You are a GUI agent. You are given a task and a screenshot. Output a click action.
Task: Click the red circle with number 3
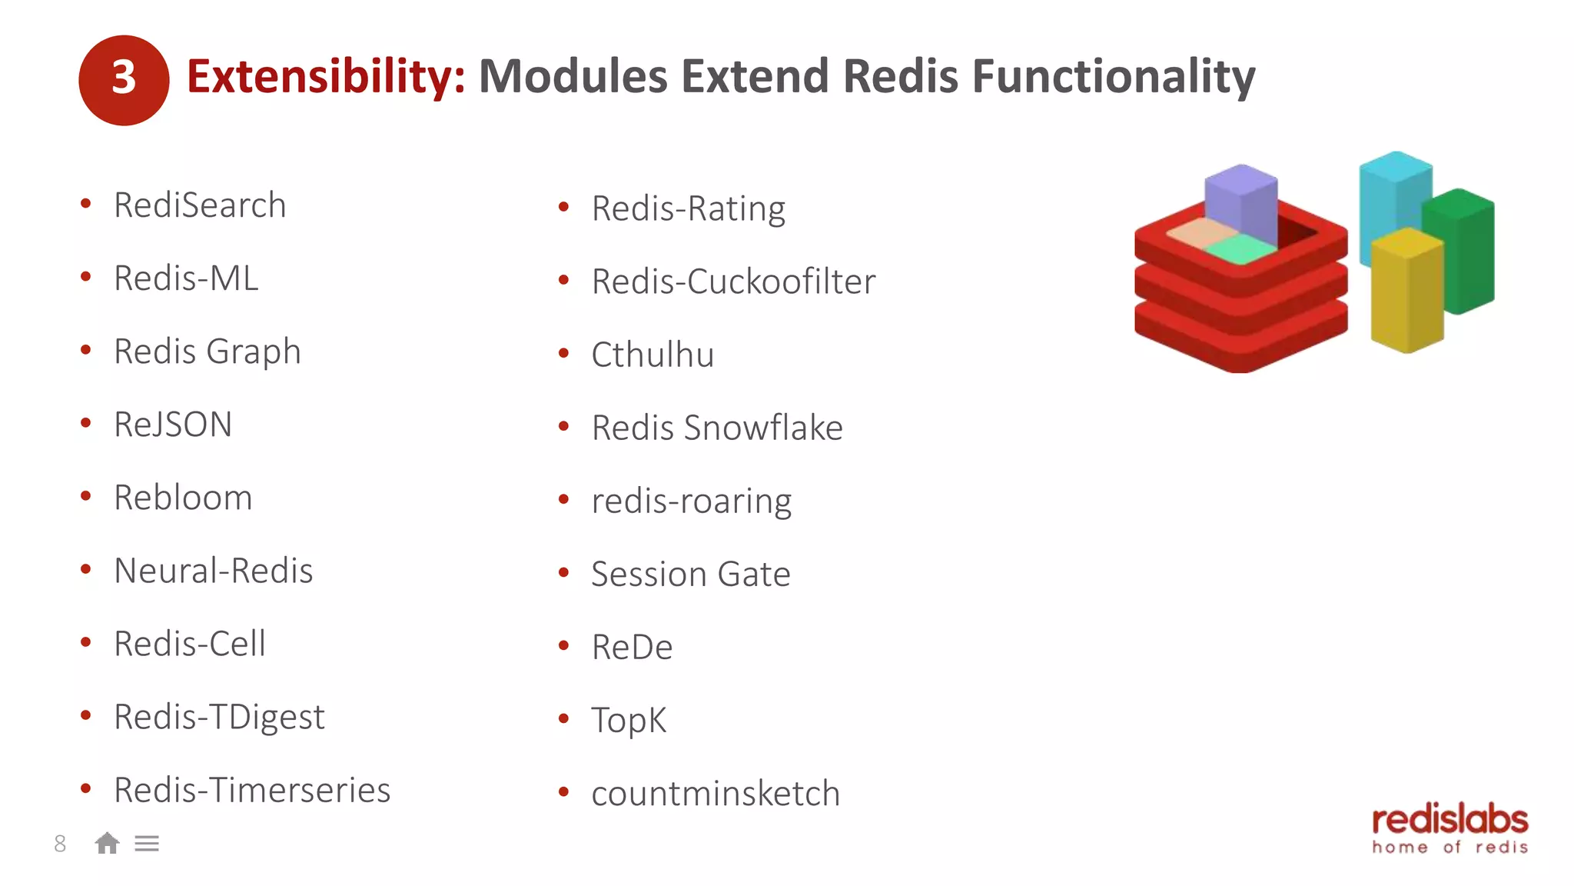point(124,80)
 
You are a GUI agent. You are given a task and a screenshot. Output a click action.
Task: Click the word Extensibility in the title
point(326,77)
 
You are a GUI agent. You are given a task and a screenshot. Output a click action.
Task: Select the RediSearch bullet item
point(200,205)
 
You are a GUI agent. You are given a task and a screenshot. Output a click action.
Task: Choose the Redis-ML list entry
point(186,278)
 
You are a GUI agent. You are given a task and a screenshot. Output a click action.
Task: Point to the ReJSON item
point(173,425)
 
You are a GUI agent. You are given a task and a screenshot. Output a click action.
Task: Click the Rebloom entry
point(183,498)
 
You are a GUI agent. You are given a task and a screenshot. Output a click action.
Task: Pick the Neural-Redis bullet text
point(213,571)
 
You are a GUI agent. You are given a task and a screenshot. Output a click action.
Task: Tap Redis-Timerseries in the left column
point(252,790)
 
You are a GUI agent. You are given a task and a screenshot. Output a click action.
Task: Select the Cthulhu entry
point(653,355)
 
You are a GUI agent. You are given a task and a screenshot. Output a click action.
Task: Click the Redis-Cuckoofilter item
point(733,281)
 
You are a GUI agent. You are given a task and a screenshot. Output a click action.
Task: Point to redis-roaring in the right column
point(691,501)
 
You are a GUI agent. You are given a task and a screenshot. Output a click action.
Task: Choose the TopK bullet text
point(629,721)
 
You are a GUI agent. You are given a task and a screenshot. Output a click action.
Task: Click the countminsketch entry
point(716,794)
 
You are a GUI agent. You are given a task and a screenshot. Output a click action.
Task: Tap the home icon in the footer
point(108,844)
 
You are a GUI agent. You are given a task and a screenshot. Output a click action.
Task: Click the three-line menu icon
point(147,844)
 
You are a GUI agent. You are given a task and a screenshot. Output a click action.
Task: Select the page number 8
point(60,844)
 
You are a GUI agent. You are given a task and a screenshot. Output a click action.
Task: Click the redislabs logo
point(1449,829)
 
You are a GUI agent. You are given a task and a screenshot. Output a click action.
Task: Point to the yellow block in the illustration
point(1406,292)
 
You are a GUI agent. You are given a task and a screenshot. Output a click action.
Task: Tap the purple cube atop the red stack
point(1240,204)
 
